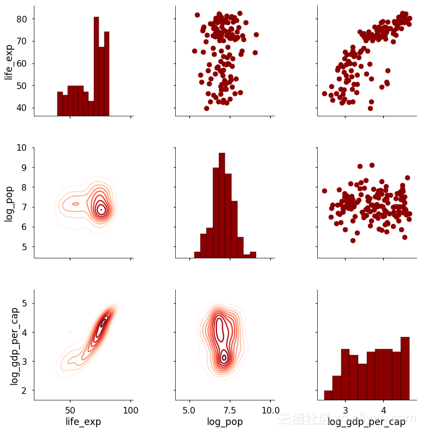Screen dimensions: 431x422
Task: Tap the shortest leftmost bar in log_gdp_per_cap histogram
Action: tap(328, 395)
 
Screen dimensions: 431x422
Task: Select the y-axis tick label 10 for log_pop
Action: tap(20, 147)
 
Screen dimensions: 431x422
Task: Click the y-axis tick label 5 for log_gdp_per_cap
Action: tap(24, 303)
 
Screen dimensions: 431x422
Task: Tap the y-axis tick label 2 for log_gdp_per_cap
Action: tap(24, 390)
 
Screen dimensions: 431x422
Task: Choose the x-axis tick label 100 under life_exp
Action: tap(130, 410)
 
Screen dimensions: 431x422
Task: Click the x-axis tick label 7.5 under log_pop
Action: tap(229, 410)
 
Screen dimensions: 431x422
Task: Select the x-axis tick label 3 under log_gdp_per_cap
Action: tap(345, 410)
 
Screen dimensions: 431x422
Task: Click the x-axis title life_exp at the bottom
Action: tap(83, 421)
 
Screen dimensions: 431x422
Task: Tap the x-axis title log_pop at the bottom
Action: tap(225, 421)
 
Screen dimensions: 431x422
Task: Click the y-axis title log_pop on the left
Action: tap(9, 203)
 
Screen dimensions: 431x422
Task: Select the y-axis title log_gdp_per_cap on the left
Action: tap(15, 345)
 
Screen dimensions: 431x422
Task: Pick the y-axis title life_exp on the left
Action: tap(9, 62)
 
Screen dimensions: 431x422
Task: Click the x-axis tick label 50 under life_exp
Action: tap(70, 410)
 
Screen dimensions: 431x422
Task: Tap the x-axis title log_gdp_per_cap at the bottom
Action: tap(366, 421)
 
